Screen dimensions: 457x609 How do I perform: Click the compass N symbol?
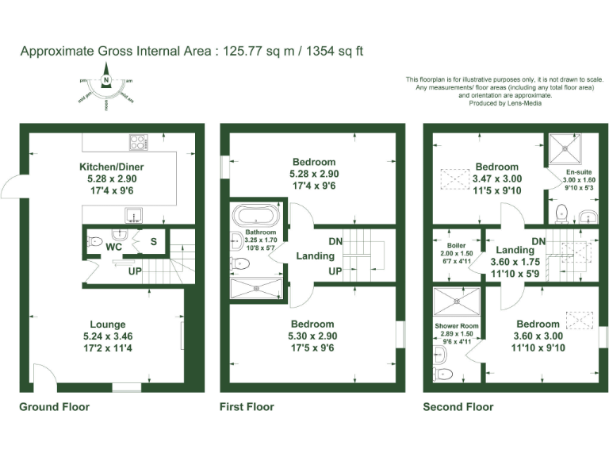(x=106, y=80)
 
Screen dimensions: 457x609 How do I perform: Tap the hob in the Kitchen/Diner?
(x=137, y=143)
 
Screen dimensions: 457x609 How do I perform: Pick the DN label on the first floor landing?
(x=335, y=242)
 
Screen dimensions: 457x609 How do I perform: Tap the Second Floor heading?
(x=458, y=407)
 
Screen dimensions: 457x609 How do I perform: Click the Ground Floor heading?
(x=54, y=407)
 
